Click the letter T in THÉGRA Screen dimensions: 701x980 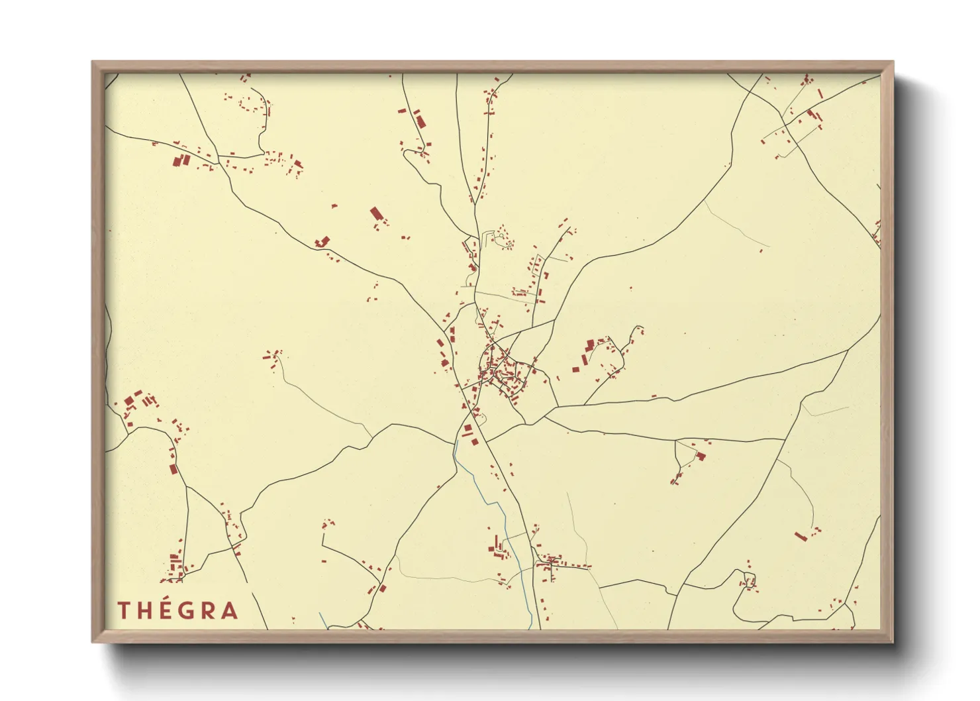click(123, 610)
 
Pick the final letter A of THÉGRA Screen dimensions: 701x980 click(229, 610)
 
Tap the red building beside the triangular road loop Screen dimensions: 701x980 click(700, 456)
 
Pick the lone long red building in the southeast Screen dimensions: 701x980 click(801, 535)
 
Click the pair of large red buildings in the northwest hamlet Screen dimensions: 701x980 click(181, 160)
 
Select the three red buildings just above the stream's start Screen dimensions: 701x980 click(469, 434)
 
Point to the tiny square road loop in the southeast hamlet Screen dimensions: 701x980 click(749, 582)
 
